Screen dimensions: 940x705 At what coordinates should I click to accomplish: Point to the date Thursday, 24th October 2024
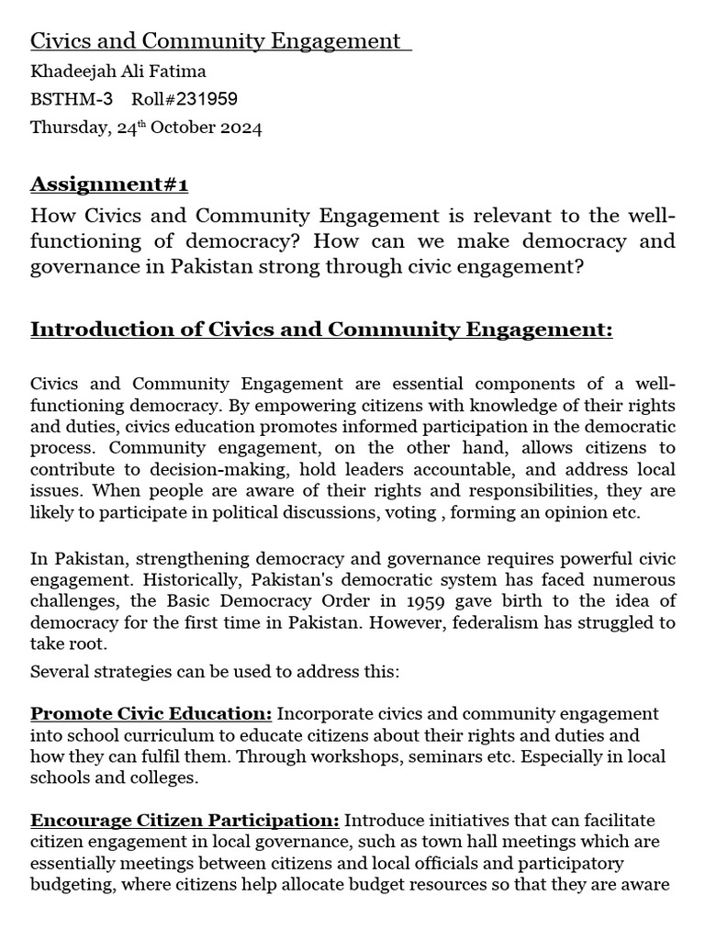(146, 128)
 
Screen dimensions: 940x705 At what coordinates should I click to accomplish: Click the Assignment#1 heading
(109, 185)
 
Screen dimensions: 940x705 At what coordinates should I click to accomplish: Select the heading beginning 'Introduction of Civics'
(321, 329)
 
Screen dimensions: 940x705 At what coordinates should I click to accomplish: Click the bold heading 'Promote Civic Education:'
(151, 713)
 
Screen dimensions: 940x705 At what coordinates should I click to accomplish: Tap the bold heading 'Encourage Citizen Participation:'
(185, 820)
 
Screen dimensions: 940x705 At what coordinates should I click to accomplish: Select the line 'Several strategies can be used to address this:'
(215, 671)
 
